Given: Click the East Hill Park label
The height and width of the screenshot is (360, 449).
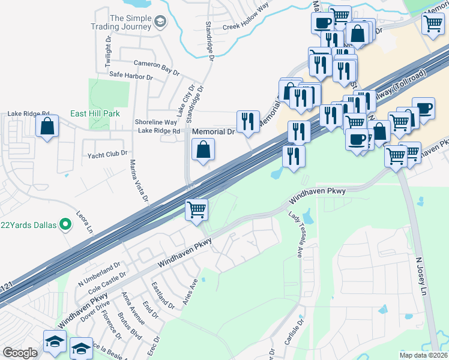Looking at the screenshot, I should coord(95,113).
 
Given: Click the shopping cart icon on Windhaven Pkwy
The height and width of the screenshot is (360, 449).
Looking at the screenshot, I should coord(197,210).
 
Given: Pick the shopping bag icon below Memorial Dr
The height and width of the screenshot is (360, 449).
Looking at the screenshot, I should coord(203,149).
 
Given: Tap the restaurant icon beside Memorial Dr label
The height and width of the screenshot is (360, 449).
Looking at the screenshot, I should coord(248,122).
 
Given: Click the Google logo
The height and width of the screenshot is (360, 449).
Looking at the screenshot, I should coord(20,353).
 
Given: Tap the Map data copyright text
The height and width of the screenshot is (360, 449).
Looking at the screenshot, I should coord(423,355).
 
